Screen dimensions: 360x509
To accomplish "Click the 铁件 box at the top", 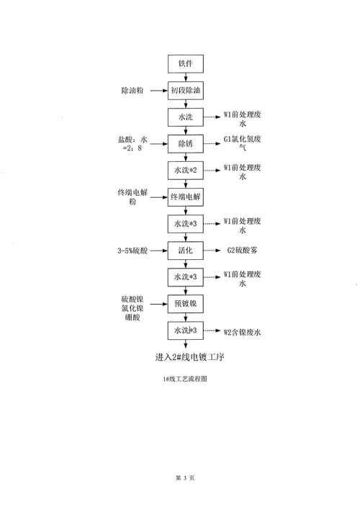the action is click(186, 64).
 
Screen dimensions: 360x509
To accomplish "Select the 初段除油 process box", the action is click(186, 91).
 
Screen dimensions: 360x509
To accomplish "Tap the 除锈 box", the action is click(186, 144).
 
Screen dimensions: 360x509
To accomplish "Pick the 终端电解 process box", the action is click(186, 197).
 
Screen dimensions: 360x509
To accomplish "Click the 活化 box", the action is click(186, 251).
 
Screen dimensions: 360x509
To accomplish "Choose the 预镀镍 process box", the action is click(186, 304).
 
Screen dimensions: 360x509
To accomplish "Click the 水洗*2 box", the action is click(186, 171).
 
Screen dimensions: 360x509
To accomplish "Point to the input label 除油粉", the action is click(132, 91).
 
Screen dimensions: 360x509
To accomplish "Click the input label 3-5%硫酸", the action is click(132, 251).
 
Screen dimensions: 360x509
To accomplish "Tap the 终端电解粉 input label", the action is click(132, 197).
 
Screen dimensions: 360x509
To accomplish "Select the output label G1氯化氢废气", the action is click(243, 143).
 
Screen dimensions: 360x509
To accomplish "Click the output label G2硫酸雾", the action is click(243, 251).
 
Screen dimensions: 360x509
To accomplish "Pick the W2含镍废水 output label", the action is click(242, 333).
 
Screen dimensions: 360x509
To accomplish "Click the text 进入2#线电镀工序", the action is click(190, 357).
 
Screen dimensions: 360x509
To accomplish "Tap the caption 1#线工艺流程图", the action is click(185, 379).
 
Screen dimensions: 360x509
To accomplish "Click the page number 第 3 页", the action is click(185, 478).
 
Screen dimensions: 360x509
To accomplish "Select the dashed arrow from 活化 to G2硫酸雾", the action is click(212, 251).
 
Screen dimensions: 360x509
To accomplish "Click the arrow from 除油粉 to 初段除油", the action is click(159, 91).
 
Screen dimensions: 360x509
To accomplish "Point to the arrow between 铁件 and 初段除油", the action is click(186, 77).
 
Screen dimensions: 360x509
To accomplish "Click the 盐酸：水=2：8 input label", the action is click(132, 144).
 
